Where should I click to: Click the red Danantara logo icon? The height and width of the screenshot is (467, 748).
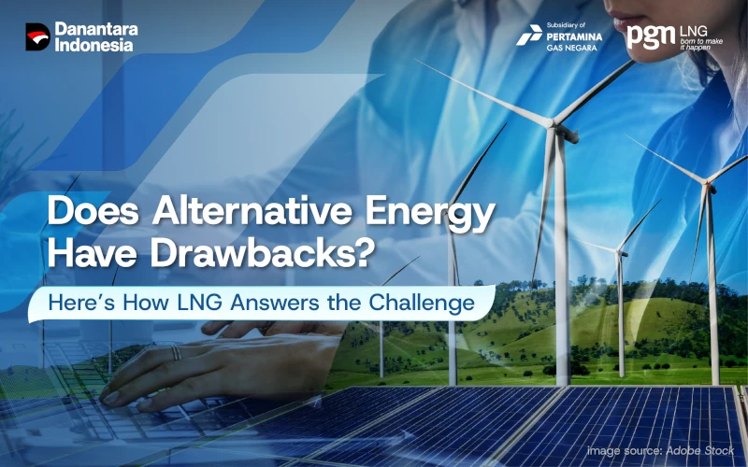(37, 37)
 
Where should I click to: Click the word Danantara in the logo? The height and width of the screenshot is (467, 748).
(96, 29)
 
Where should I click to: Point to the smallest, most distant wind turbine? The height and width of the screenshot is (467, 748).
(622, 249)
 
